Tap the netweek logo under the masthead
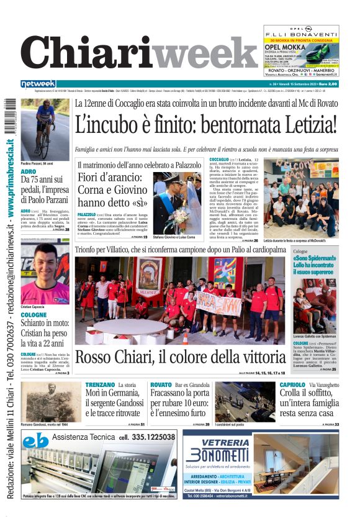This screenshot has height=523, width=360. pyautogui.click(x=38, y=84)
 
